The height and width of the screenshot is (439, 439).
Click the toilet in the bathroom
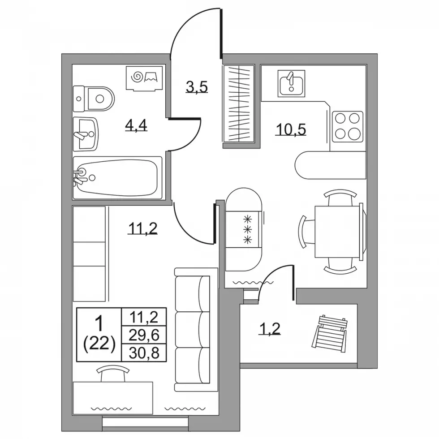[x=94, y=99]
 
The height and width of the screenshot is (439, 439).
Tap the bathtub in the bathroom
[x=117, y=178]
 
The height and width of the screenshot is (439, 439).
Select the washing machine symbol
[x=144, y=78]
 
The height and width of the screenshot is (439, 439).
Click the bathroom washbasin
[x=86, y=134]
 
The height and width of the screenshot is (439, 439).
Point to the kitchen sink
[x=291, y=83]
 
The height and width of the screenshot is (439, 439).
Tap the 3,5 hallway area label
[x=197, y=87]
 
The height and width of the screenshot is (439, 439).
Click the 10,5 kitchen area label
[x=291, y=129]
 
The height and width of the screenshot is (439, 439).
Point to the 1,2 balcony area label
[x=269, y=328]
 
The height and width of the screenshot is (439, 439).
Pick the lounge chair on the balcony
[x=330, y=334]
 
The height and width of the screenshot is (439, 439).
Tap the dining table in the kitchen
[x=337, y=232]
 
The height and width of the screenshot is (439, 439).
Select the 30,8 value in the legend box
[x=144, y=353]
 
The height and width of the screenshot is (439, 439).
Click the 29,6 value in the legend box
[x=144, y=335]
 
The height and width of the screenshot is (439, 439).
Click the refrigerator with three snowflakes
[x=244, y=229]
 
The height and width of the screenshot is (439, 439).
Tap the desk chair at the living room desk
[x=113, y=374]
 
